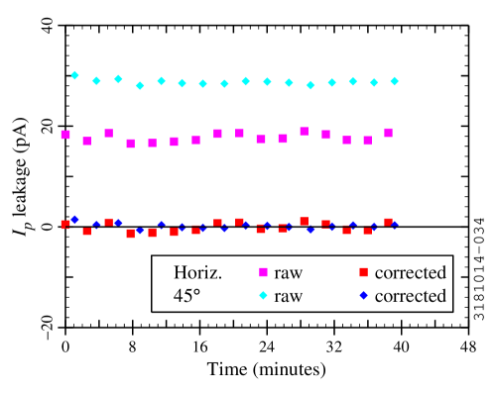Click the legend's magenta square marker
[x=263, y=272]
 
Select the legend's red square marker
[x=363, y=272]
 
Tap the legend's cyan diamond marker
[x=263, y=295]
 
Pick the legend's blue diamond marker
[x=363, y=295]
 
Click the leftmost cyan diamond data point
[x=74, y=75]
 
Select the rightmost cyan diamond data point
[x=394, y=81]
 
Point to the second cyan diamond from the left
[x=96, y=81]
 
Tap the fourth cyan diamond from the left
[x=140, y=86]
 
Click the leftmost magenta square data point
[x=65, y=135]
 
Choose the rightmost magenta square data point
[x=388, y=133]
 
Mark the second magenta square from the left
[x=86, y=141]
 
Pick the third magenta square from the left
[x=108, y=133]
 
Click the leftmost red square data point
[x=65, y=224]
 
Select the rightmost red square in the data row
[x=388, y=222]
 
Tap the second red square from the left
[x=86, y=231]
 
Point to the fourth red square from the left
[x=130, y=234]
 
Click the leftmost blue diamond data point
[x=74, y=219]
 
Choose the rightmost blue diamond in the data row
[x=394, y=225]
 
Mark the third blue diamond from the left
[x=118, y=223]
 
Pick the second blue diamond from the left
[x=96, y=225]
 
